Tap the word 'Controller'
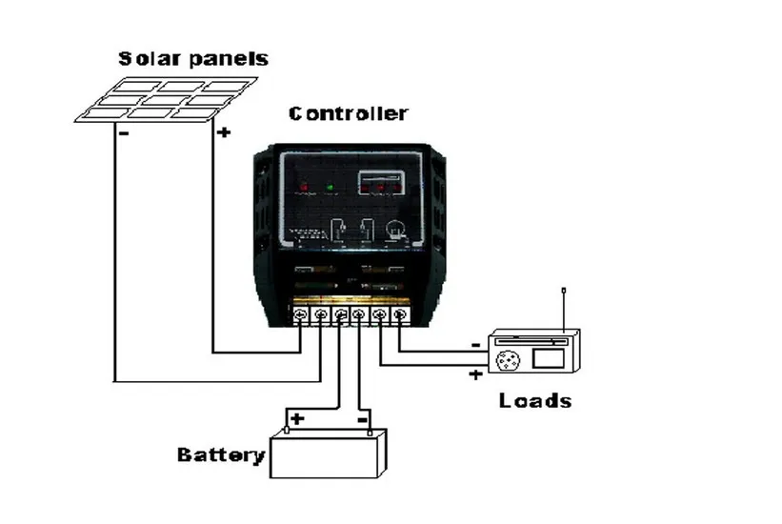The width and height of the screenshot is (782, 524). (x=348, y=113)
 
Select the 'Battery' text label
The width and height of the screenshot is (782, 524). (x=220, y=454)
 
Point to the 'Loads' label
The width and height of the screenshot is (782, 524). (x=535, y=400)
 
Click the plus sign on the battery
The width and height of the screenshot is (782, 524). (x=297, y=418)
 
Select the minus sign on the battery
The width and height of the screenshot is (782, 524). (x=363, y=418)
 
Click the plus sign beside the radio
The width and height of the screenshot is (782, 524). (x=475, y=374)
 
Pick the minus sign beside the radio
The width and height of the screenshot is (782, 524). (x=475, y=345)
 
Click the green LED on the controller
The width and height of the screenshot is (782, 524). (x=331, y=187)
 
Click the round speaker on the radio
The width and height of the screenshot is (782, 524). (x=508, y=360)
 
